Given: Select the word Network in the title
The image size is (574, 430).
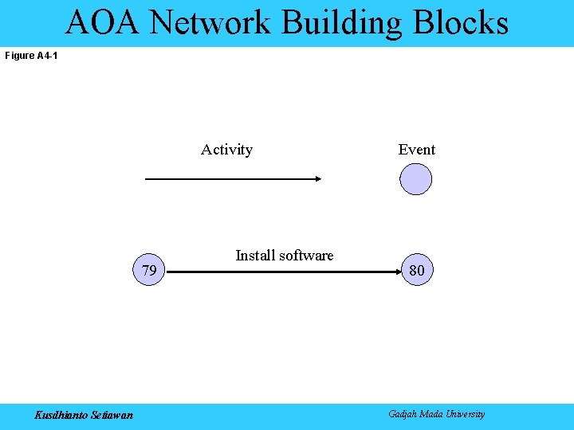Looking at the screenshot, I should coord(210,22).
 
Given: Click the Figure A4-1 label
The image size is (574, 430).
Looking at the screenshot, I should coord(31,56).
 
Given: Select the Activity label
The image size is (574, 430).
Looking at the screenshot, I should coord(226,150).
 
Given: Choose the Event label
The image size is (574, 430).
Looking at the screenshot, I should coord(417,150).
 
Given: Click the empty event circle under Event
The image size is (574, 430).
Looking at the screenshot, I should coord(415,179).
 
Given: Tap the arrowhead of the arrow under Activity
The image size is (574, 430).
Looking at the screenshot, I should coord(316,179).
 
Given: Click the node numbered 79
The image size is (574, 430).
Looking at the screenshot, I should coord(148,271).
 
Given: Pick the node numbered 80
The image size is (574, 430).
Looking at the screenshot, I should coord(416,271).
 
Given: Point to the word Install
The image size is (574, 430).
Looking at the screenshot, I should coord(255,256).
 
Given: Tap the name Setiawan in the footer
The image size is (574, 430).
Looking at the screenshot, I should coord(115,414).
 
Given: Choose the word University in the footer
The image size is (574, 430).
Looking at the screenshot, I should coord(465,414).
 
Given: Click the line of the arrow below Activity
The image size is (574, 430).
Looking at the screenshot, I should coord(231,179).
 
